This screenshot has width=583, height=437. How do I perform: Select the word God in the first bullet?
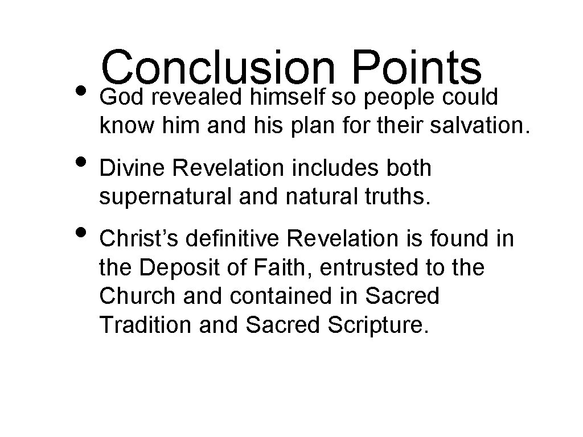118,98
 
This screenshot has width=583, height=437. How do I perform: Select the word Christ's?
133,239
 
